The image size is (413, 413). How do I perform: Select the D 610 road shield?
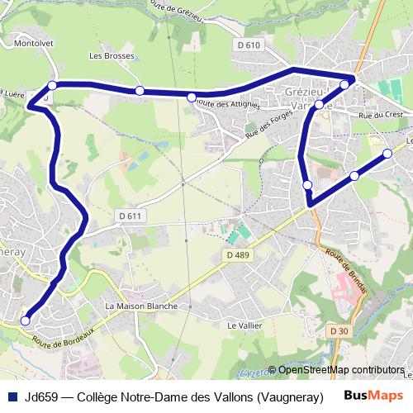[247, 45]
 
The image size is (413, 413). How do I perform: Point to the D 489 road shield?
[236, 256]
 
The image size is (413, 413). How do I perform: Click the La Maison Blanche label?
[141, 306]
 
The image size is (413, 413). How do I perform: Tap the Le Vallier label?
[244, 325]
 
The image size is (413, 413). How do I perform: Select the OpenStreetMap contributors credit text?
[340, 370]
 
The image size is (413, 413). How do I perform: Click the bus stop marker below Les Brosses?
[140, 91]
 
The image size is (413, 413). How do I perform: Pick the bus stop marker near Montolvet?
[52, 85]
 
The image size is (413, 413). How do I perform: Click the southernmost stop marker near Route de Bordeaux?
[25, 320]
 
